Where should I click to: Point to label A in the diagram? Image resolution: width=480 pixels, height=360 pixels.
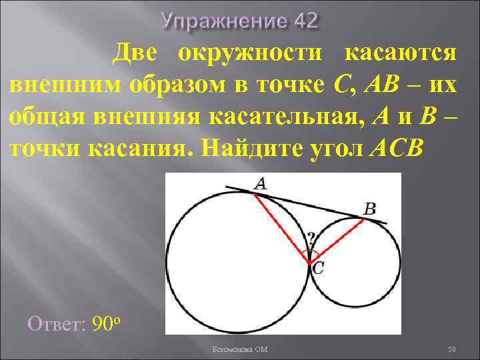point(261,183)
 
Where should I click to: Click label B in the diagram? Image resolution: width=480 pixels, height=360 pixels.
point(369,209)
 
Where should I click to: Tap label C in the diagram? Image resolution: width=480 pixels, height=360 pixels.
point(319,269)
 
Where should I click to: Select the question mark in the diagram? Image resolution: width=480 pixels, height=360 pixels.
point(311,238)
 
